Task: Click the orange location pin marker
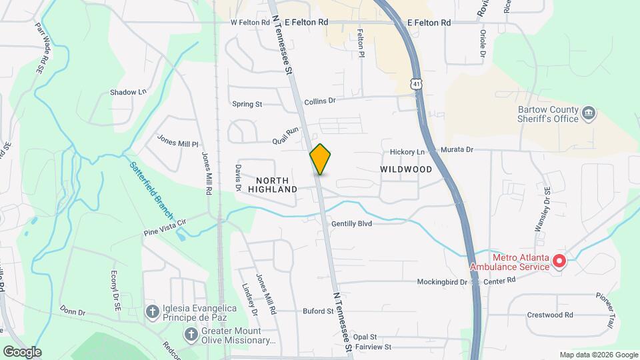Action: (320, 159)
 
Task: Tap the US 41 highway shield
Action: (417, 85)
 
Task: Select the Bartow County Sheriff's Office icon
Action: (589, 113)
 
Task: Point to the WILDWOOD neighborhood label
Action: (406, 169)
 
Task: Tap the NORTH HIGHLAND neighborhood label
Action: (273, 185)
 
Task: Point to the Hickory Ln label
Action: (407, 151)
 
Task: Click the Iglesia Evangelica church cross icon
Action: (153, 311)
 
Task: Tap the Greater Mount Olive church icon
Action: (191, 334)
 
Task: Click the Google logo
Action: (22, 352)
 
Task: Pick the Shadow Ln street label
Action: (128, 92)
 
